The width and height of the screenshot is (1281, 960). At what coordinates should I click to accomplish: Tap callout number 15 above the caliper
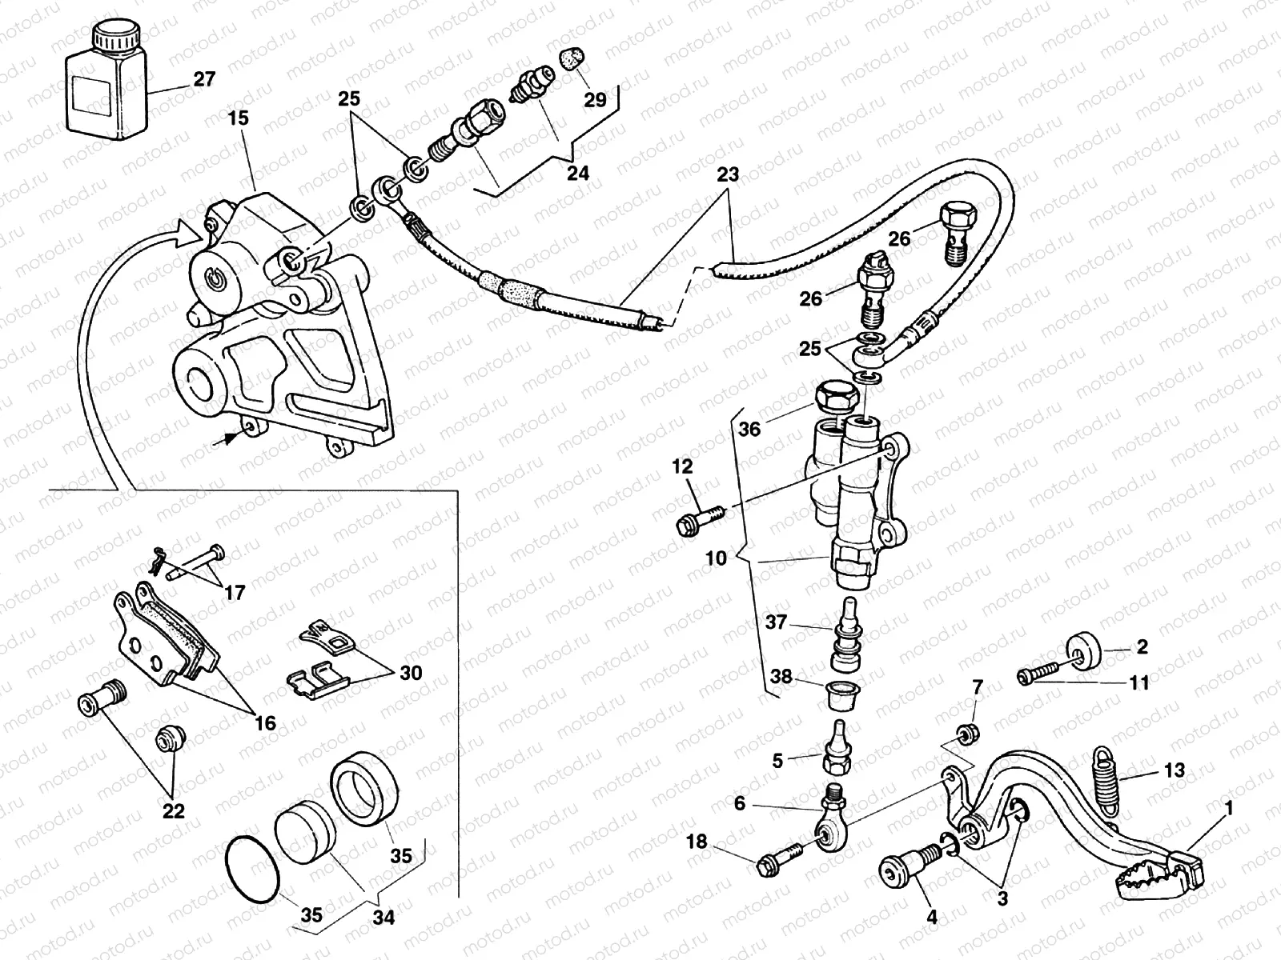[x=238, y=118]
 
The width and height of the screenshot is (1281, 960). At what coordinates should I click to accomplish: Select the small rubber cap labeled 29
[x=574, y=58]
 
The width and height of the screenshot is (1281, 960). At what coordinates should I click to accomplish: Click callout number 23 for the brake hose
[x=728, y=174]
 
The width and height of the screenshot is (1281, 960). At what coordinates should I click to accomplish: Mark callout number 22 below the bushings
[x=173, y=811]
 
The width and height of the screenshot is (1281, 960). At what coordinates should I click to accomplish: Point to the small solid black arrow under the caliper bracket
[x=231, y=438]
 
